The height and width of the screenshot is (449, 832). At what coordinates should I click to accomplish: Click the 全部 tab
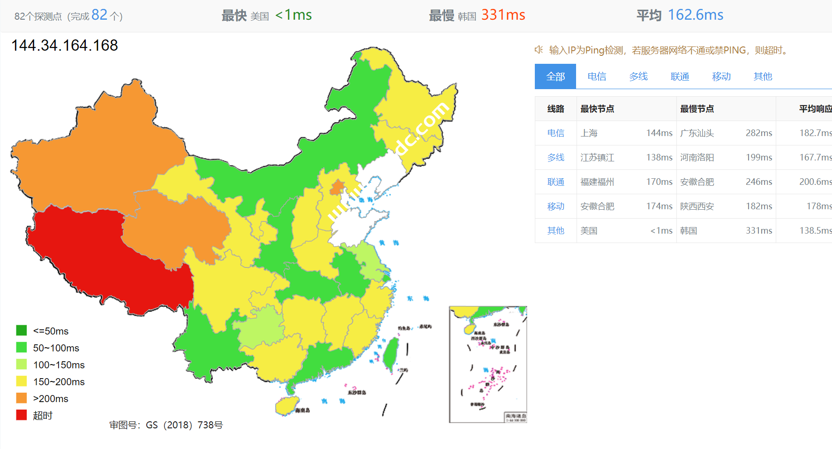point(555,76)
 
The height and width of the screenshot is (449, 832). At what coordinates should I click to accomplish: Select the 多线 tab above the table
point(638,76)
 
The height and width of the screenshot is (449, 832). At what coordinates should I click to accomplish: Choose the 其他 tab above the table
point(763,76)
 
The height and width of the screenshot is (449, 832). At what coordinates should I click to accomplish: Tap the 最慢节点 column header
point(697,109)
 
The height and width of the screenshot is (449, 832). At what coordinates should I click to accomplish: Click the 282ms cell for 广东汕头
point(758,133)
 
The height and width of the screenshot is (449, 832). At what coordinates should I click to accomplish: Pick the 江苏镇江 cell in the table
point(597,158)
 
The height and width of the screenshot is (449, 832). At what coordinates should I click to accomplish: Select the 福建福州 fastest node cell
point(597,182)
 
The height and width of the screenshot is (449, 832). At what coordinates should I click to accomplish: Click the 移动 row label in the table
point(556,206)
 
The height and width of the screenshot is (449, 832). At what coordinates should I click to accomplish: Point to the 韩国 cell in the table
point(689,231)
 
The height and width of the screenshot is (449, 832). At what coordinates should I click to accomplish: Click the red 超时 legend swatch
point(22,415)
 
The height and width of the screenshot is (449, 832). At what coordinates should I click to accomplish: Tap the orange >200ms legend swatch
point(22,398)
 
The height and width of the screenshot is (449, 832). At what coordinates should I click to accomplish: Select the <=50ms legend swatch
point(22,330)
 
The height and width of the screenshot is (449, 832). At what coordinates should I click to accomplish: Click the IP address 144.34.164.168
point(65,46)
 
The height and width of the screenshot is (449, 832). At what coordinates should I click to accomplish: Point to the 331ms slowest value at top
point(503,15)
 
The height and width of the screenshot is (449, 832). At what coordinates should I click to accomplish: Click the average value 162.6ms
point(695,15)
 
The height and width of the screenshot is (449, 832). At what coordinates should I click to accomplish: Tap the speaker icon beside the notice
point(539,50)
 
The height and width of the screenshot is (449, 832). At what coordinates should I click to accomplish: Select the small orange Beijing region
point(337,188)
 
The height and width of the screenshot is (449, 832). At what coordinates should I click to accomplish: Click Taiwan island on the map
point(390,354)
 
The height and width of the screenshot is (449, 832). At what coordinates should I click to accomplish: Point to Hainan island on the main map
point(286,405)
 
